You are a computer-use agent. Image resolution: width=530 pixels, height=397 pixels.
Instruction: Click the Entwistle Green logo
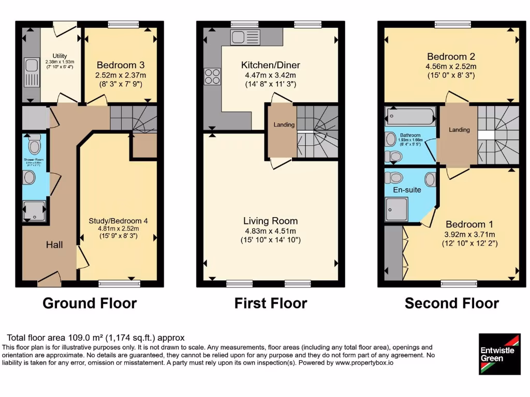point(499,354)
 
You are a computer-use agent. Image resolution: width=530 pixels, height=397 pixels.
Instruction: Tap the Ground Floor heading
point(90,303)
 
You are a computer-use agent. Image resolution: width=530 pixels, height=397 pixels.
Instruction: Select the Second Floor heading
point(452,303)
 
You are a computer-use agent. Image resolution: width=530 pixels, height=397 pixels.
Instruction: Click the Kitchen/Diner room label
point(271,65)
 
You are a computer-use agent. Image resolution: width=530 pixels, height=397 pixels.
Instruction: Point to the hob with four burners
point(212,76)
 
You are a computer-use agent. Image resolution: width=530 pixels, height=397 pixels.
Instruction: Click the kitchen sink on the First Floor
point(245,37)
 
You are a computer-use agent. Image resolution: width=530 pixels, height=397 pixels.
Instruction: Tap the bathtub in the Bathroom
point(411,116)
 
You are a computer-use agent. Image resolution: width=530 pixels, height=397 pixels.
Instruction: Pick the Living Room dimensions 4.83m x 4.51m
point(271,231)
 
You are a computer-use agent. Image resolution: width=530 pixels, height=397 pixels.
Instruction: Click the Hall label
point(54,245)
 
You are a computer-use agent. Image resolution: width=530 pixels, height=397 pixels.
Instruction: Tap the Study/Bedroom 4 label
point(118,221)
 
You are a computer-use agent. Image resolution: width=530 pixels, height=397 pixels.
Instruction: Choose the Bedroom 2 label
point(451,56)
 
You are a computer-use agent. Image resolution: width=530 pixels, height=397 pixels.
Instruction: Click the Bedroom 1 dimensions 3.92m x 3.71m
point(469,234)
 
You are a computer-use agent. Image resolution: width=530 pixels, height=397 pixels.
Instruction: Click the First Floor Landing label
point(284,125)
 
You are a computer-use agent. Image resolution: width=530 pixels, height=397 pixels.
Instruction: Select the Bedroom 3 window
point(123,24)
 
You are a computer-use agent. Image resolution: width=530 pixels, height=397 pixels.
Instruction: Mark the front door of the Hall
point(49,281)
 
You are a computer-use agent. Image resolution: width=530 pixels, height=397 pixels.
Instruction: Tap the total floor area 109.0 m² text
point(96,338)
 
